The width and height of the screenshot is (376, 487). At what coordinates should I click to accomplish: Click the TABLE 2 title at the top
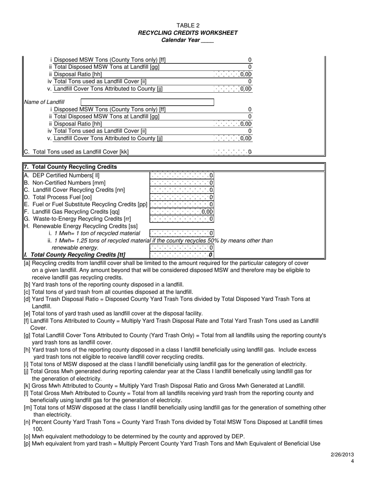[188, 26]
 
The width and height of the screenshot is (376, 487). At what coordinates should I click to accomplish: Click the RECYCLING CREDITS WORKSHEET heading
[188, 33]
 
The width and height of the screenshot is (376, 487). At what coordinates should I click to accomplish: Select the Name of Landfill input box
[147, 102]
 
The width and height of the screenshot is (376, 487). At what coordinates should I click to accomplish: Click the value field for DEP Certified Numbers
[182, 175]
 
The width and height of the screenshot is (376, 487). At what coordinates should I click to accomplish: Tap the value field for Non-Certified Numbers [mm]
[182, 183]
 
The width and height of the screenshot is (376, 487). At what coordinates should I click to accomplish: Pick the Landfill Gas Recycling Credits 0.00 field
[182, 212]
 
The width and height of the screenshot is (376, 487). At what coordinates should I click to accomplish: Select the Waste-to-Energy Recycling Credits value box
[182, 219]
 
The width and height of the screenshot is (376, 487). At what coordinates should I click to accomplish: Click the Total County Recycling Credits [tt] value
[182, 255]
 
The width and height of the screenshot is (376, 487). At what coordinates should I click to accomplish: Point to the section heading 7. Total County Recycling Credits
[70, 167]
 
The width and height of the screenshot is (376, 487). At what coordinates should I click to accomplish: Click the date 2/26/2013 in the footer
[342, 455]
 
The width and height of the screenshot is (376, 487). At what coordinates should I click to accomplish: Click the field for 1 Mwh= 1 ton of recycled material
[182, 233]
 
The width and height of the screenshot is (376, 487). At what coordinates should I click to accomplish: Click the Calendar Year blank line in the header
[207, 40]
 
